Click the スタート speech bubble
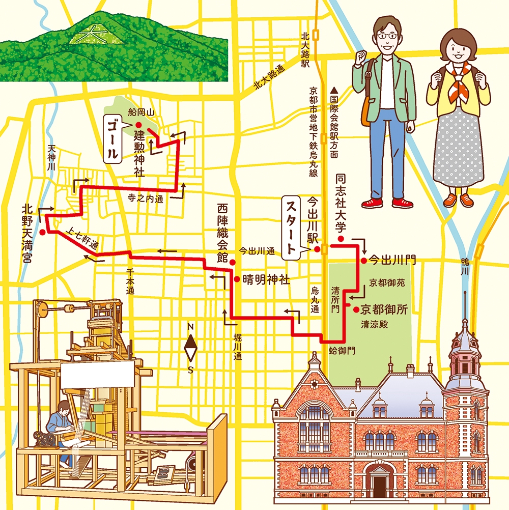pos(292,227)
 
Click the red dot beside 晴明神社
pos(237,279)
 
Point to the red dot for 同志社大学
pos(341,239)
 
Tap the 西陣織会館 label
pos(221,232)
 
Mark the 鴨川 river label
pos(464,267)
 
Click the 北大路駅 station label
pos(305,49)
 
